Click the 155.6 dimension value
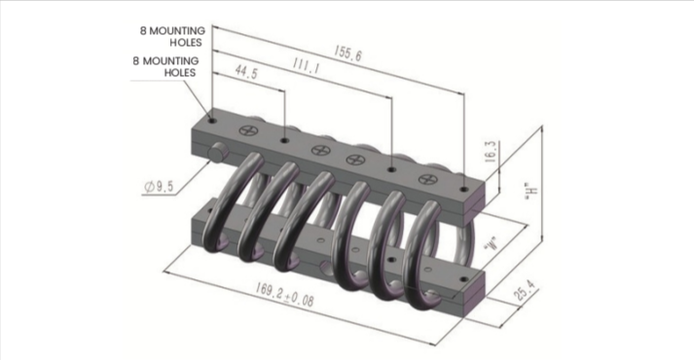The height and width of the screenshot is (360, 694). [347, 54]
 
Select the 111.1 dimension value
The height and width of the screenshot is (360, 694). [306, 66]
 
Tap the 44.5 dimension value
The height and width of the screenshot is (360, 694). [246, 72]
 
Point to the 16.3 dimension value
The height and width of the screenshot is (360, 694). [491, 152]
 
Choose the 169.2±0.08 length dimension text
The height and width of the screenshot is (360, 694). [284, 295]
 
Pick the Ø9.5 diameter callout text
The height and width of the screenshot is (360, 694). [159, 187]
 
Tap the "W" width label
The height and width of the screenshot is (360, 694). [492, 243]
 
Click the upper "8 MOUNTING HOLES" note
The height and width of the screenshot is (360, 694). [173, 37]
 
